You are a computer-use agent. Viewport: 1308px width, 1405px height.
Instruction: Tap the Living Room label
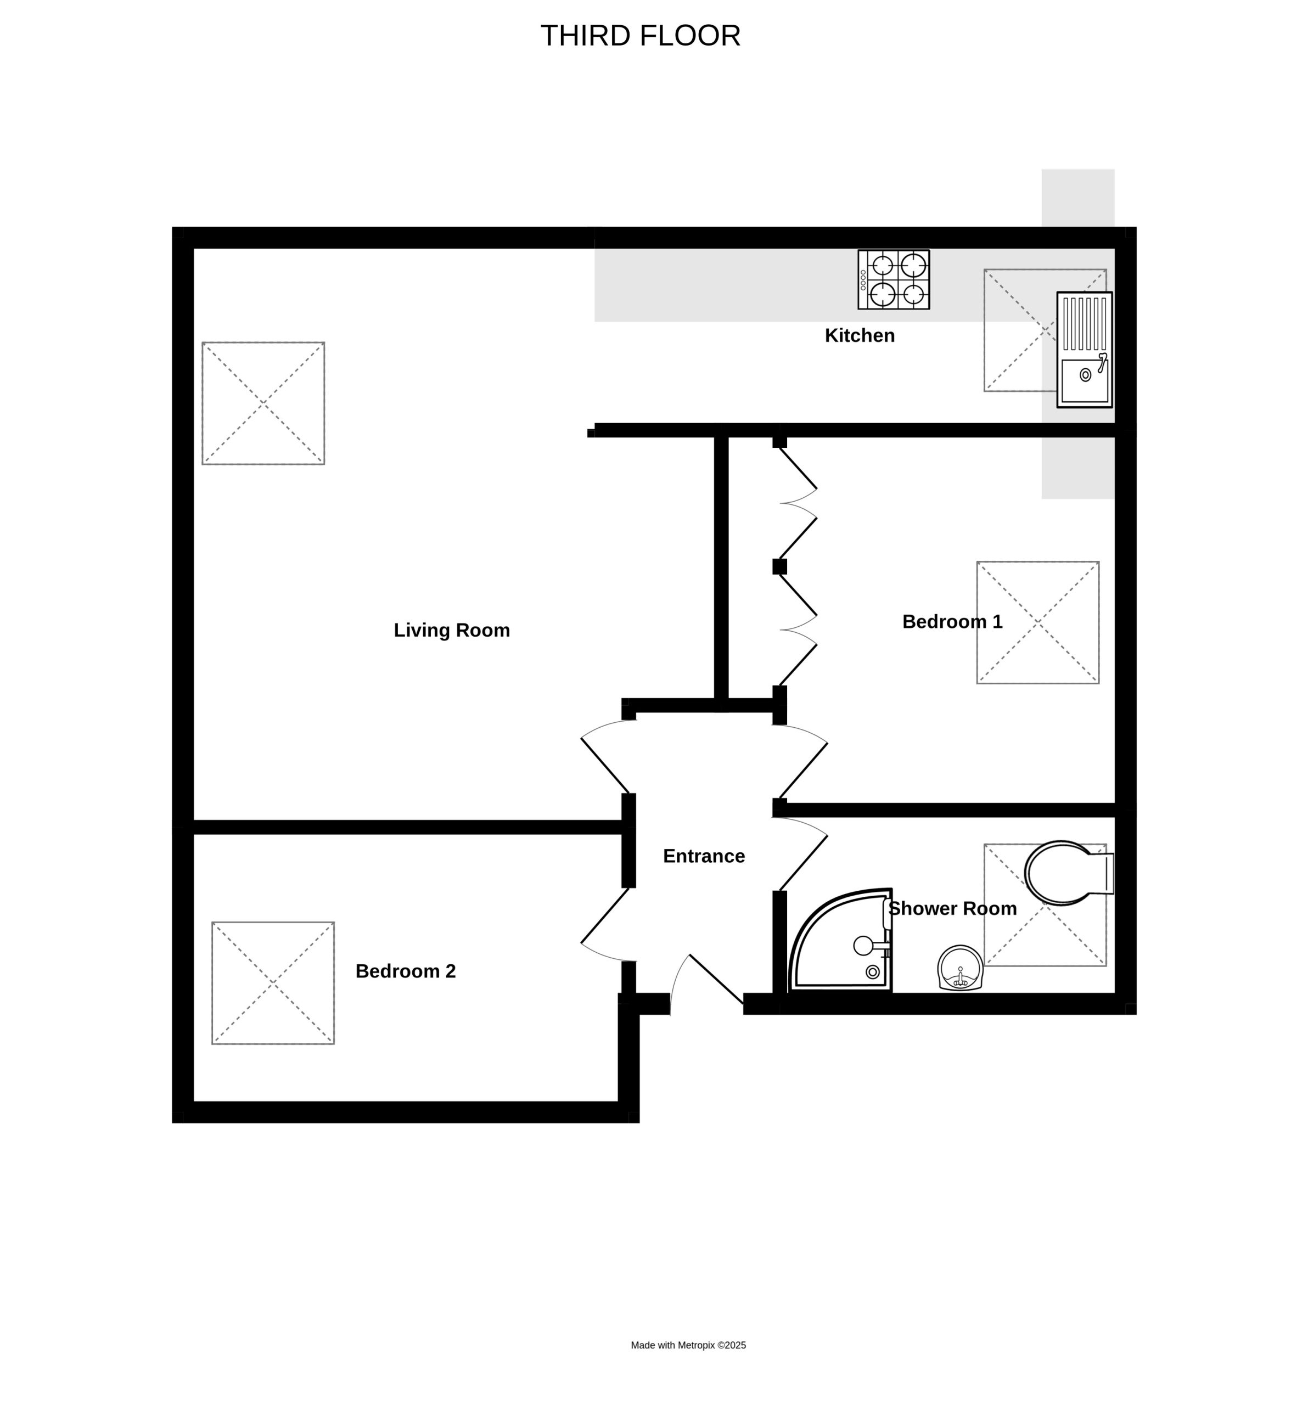click(x=452, y=630)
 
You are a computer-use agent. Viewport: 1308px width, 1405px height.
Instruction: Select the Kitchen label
click(x=859, y=335)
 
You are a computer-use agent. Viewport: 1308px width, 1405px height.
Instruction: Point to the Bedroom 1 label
click(x=952, y=621)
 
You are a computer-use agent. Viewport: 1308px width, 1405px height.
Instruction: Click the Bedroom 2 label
click(x=406, y=971)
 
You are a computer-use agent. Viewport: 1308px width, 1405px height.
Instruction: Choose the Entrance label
click(x=704, y=856)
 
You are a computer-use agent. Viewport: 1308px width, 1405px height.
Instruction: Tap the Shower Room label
click(x=952, y=908)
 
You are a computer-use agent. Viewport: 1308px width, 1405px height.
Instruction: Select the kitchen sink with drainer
click(x=1084, y=350)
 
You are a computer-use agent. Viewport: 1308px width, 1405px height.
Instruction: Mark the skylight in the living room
click(x=263, y=403)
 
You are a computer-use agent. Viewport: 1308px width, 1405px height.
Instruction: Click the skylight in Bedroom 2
click(x=273, y=983)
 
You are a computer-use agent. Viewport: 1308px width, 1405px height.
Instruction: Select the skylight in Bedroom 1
click(x=1037, y=622)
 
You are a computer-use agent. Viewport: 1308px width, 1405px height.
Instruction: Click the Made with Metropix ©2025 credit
click(x=688, y=1345)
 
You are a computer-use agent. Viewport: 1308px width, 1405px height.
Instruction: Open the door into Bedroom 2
click(x=604, y=916)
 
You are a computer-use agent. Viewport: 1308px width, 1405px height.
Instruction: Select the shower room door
click(x=803, y=854)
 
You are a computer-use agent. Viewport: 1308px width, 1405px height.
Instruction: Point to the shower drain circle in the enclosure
click(x=872, y=973)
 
